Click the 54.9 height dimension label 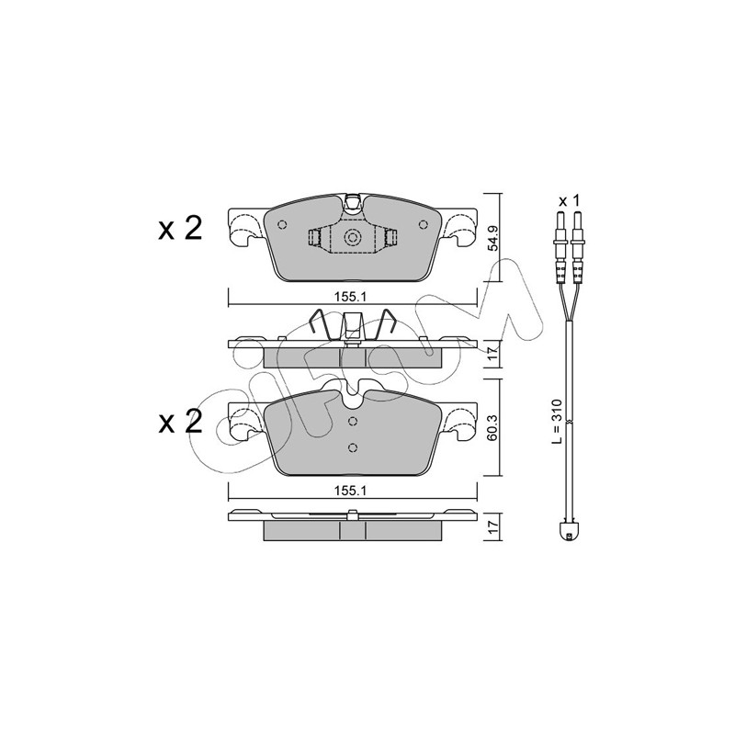[492, 238]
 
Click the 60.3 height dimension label [492, 426]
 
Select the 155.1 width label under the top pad [350, 297]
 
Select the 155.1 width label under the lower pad [350, 491]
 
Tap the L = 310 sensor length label [557, 421]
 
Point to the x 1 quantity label [570, 201]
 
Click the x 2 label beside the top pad [180, 229]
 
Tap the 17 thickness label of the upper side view [492, 354]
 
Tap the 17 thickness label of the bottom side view [492, 527]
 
